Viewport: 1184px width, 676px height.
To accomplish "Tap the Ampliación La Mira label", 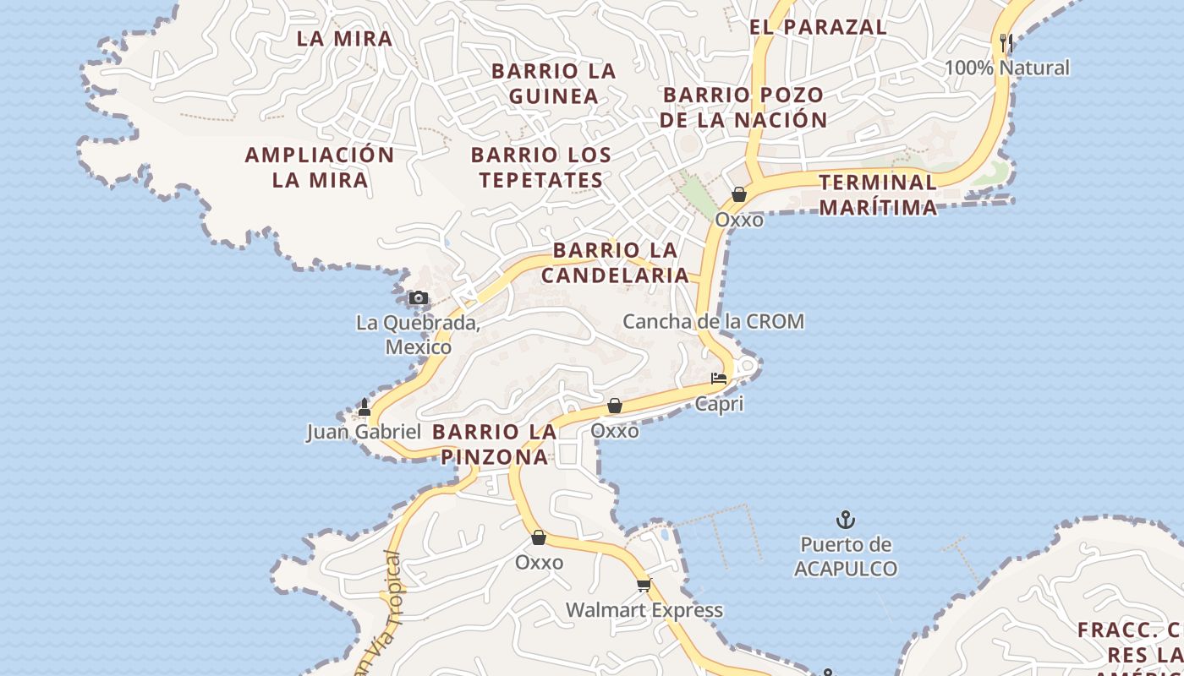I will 320,167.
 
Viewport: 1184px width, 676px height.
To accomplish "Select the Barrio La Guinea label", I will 554,83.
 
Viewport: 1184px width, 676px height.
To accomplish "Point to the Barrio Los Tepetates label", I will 541,167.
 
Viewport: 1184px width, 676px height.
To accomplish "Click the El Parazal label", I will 819,27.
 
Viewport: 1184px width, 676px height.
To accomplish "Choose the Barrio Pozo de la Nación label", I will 743,107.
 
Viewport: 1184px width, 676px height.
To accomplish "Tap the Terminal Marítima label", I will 878,194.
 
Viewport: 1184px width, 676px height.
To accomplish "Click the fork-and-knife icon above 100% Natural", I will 1006,42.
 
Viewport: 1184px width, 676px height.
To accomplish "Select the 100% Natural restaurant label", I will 1007,68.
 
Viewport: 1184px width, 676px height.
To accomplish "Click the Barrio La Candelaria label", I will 616,262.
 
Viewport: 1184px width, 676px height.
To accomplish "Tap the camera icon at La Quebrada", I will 418,297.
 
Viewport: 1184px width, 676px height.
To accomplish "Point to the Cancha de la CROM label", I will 713,321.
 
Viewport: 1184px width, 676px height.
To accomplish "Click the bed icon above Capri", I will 719,379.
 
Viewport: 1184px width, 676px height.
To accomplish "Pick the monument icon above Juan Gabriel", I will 365,407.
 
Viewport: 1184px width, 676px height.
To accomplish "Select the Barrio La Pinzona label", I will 495,444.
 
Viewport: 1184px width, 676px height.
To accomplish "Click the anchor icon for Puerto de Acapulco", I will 846,519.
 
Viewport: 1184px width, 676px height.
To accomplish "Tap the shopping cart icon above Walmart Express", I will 644,585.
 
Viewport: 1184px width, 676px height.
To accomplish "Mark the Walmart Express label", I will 644,610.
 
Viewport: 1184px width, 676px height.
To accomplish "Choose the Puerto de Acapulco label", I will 846,556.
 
